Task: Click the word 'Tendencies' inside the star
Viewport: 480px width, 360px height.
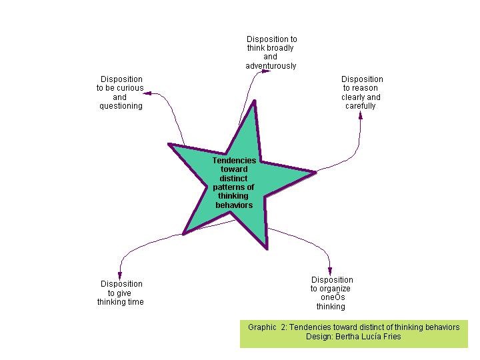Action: point(234,160)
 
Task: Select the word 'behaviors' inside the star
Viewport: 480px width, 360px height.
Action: point(234,205)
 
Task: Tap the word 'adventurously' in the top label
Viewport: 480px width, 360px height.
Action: point(271,66)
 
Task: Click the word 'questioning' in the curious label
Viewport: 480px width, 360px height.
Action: point(121,106)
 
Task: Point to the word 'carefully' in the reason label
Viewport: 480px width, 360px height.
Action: point(361,106)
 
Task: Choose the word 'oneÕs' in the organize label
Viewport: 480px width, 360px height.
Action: point(331,298)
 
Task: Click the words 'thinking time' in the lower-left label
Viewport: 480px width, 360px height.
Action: point(121,302)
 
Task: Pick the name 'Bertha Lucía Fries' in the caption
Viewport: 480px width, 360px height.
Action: point(373,337)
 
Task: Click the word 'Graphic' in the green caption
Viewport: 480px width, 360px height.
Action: point(262,327)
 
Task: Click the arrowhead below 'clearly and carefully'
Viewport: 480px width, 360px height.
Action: point(361,115)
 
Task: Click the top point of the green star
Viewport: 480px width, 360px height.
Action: point(255,107)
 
